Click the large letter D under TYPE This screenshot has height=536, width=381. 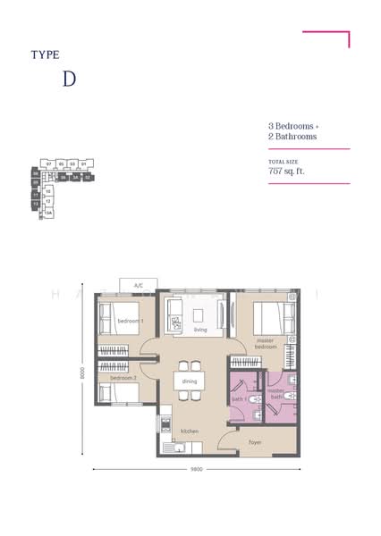tap(69, 78)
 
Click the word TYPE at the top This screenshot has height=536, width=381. tap(45, 54)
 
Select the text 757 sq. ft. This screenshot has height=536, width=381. tap(286, 170)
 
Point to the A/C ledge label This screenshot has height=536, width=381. tap(139, 285)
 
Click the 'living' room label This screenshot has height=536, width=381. tap(200, 329)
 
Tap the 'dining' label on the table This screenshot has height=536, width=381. tap(189, 381)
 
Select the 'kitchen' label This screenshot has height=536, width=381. tap(189, 431)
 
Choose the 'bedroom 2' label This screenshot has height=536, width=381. tap(123, 378)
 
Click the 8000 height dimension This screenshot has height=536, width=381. tap(81, 373)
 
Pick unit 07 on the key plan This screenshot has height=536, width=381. tap(49, 164)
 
